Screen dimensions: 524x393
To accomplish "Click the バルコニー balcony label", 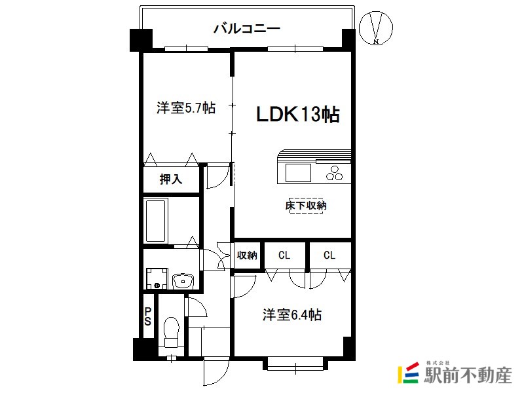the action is tap(247, 28).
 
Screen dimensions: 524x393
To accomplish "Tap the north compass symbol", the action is tap(376, 28).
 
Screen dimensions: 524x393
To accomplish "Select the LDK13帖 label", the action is tap(298, 114).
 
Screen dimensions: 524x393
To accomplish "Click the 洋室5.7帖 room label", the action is tap(186, 108).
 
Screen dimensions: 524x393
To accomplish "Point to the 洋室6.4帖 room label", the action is tap(292, 315).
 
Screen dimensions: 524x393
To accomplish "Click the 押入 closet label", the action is tap(171, 179).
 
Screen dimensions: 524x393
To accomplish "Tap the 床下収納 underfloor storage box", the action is tap(306, 206).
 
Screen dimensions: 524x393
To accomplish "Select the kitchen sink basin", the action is tap(298, 173).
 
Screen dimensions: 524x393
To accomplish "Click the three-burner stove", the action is tap(334, 173).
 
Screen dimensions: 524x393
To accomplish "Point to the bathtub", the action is tap(156, 221).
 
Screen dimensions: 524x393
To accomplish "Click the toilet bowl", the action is tap(172, 331).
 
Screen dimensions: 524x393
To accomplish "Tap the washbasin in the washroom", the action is tap(183, 281).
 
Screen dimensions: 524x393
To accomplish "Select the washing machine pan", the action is tap(157, 278).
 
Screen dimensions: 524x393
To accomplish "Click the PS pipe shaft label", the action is tap(148, 316).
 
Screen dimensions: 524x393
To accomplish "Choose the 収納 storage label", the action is tap(247, 255).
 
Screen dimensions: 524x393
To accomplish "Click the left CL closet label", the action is tap(284, 255).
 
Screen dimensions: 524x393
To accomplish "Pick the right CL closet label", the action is tap(329, 255).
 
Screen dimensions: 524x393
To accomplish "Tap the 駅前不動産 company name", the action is tap(468, 375).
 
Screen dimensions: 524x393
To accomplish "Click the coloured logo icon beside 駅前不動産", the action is tap(408, 372).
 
